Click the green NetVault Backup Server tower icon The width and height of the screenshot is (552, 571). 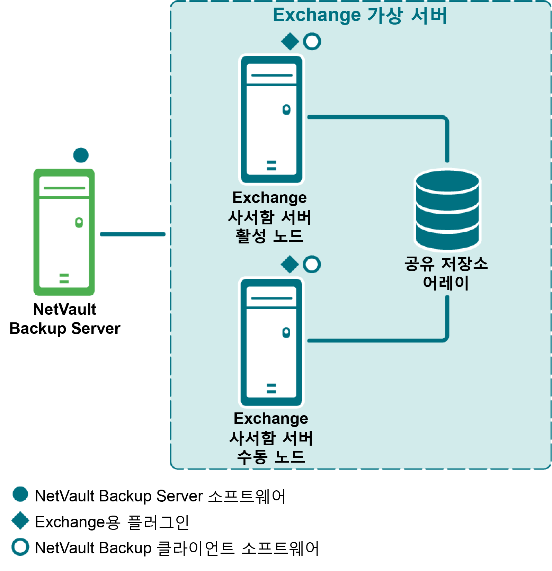64,232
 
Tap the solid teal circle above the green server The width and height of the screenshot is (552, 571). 81,155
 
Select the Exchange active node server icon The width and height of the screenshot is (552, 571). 271,119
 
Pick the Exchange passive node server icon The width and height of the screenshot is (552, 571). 271,342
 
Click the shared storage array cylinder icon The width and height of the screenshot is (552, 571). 447,209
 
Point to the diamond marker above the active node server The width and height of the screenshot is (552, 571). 290,42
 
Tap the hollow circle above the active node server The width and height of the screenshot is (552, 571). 312,42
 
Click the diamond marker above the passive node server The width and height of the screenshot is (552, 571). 290,265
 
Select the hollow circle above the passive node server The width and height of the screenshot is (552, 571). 312,265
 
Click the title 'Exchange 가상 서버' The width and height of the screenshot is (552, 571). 360,16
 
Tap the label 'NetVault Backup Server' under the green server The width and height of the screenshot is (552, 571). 65,319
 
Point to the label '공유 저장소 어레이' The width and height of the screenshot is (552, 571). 446,273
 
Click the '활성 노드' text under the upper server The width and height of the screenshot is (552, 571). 269,236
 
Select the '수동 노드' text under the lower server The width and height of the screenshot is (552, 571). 271,457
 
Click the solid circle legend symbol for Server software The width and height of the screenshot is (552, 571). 20,494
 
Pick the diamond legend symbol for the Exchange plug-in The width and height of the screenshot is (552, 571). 20,520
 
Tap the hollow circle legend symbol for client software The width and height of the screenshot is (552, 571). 20,547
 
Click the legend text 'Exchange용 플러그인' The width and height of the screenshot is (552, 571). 112,522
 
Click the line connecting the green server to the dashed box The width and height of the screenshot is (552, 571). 133,234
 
